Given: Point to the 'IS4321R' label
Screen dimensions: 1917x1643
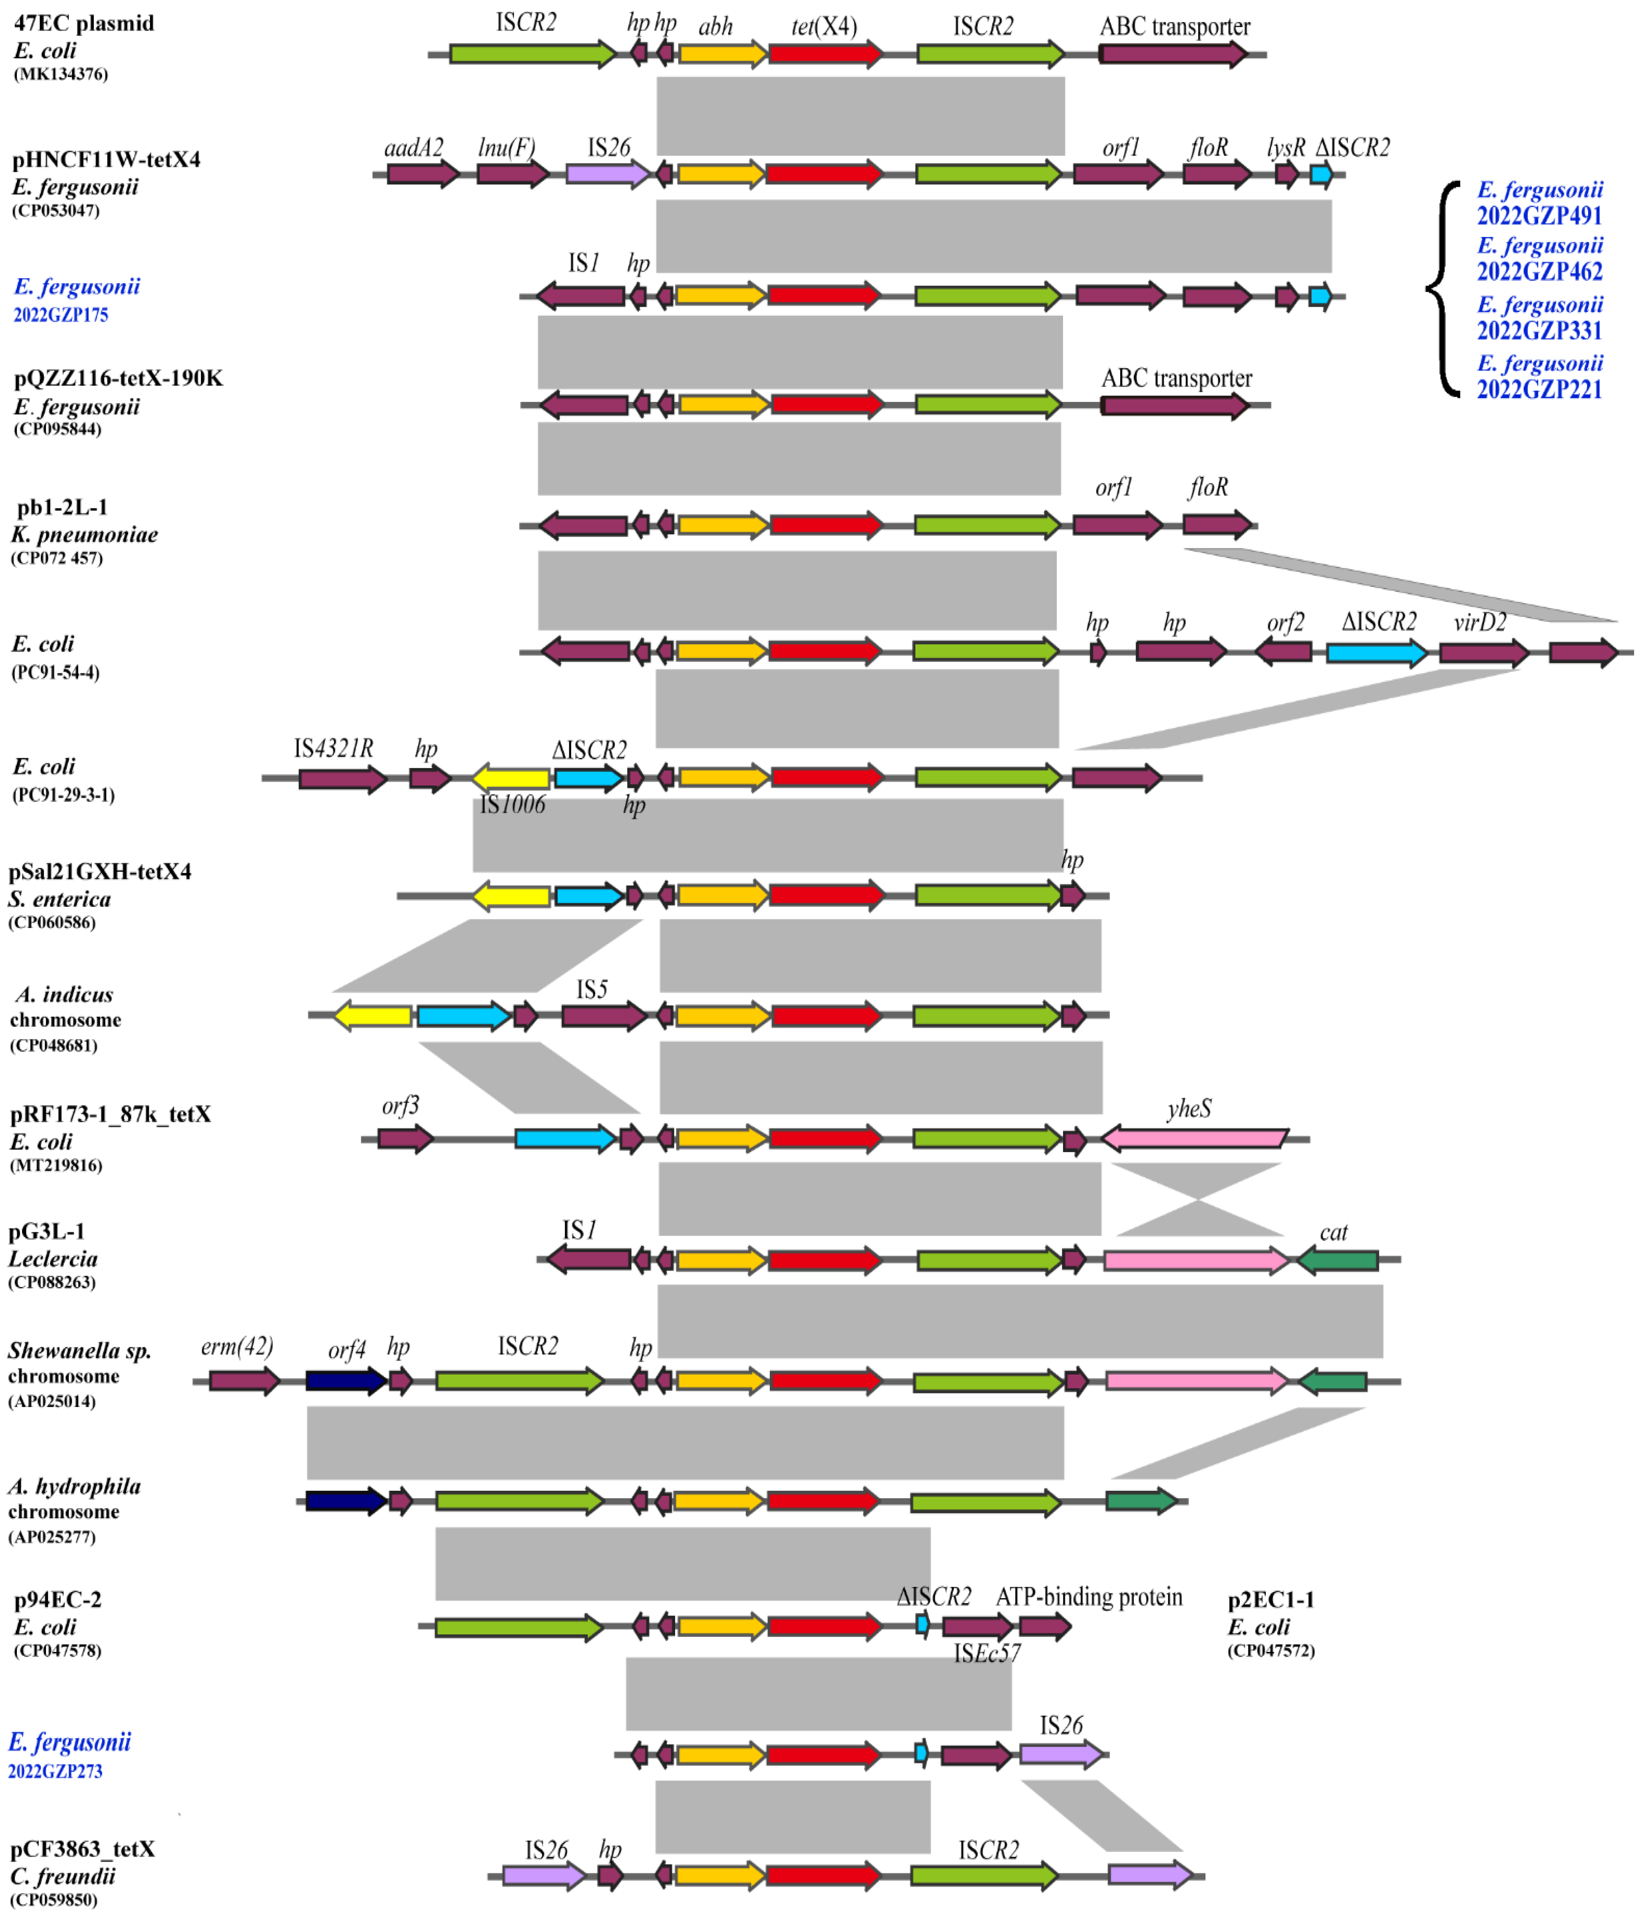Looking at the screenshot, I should click(333, 748).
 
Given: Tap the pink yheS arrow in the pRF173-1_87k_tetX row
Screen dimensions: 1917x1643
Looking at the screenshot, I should click(1194, 1139).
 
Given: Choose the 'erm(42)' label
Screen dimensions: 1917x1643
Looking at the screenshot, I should click(237, 1346).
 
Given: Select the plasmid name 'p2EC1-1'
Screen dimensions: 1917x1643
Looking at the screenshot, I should click(1270, 1599).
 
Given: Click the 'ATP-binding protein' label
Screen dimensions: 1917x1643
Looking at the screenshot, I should click(1089, 1598).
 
